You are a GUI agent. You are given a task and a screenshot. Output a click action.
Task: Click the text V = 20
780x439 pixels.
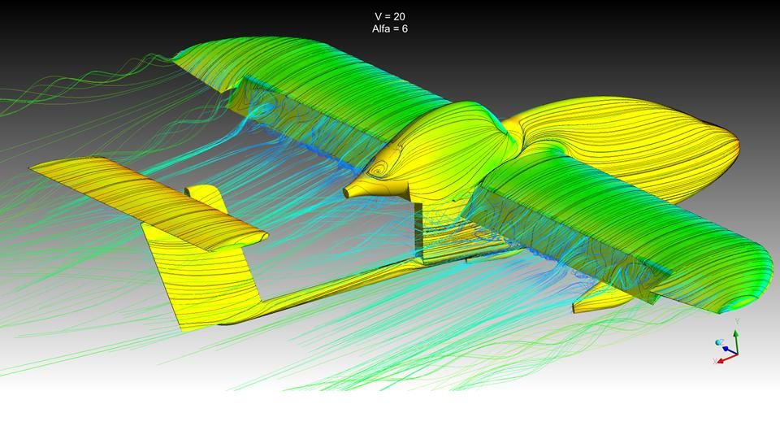click(x=389, y=16)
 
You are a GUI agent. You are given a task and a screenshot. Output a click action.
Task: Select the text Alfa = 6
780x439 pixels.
click(x=389, y=29)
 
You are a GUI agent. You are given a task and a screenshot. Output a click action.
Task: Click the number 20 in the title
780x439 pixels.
click(x=398, y=16)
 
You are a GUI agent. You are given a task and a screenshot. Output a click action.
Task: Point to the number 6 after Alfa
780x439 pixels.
click(x=405, y=29)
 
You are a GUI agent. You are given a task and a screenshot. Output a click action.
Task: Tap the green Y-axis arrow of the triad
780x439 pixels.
click(x=735, y=341)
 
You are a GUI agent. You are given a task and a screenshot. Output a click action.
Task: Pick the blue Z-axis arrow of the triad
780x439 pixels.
click(x=730, y=350)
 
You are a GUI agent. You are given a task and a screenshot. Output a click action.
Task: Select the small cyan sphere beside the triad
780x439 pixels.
click(x=718, y=343)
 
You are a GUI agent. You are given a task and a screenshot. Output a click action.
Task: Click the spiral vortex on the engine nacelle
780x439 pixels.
click(x=380, y=172)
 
